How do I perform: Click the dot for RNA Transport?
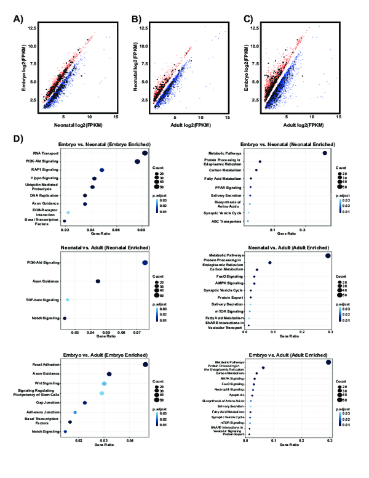(x=145, y=153)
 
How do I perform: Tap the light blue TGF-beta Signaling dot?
(x=67, y=300)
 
